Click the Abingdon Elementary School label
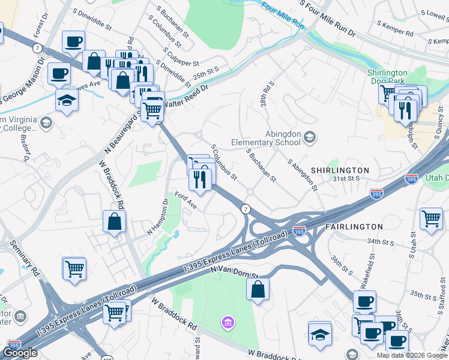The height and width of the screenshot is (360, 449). pyautogui.click(x=266, y=139)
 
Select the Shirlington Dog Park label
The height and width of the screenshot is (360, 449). pyautogui.click(x=387, y=77)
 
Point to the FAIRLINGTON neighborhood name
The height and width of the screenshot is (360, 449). pyautogui.click(x=354, y=227)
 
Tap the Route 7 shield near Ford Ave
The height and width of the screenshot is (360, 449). pyautogui.click(x=246, y=208)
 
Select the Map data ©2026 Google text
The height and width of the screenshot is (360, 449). pyautogui.click(x=412, y=355)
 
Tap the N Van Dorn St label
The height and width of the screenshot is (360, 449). pyautogui.click(x=234, y=273)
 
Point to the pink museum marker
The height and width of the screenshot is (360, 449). pyautogui.click(x=228, y=324)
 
